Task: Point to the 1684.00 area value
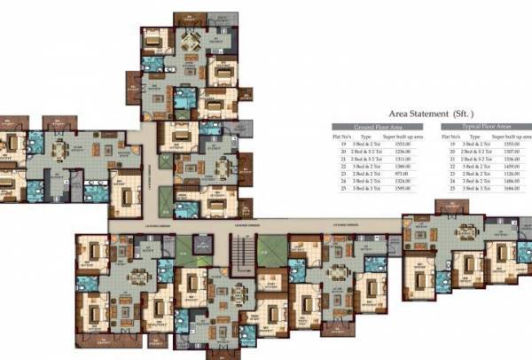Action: (x=510, y=189)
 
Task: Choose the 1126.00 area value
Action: (x=510, y=174)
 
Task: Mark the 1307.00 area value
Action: (x=510, y=152)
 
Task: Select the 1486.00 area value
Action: (x=510, y=181)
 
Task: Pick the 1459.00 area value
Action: (x=510, y=167)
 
